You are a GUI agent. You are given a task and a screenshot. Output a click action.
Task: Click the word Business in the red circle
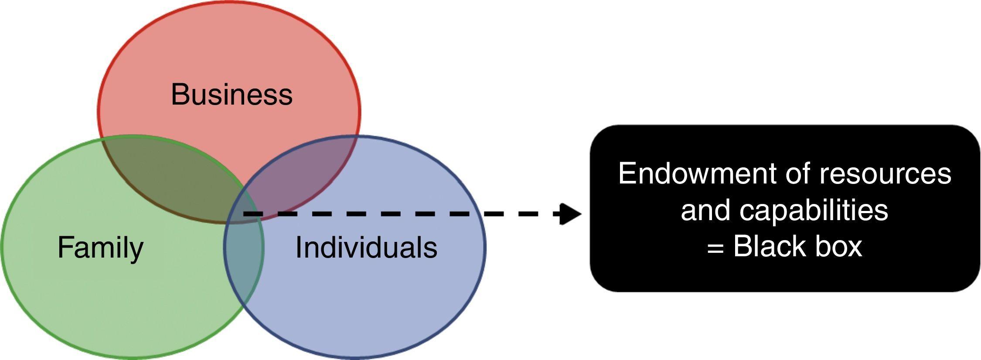[x=232, y=94]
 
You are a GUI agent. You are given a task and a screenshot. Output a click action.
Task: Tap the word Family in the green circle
[x=100, y=248]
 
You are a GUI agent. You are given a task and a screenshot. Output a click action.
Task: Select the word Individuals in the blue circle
[x=366, y=248]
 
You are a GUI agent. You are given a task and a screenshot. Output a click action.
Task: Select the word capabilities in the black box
[x=814, y=211]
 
